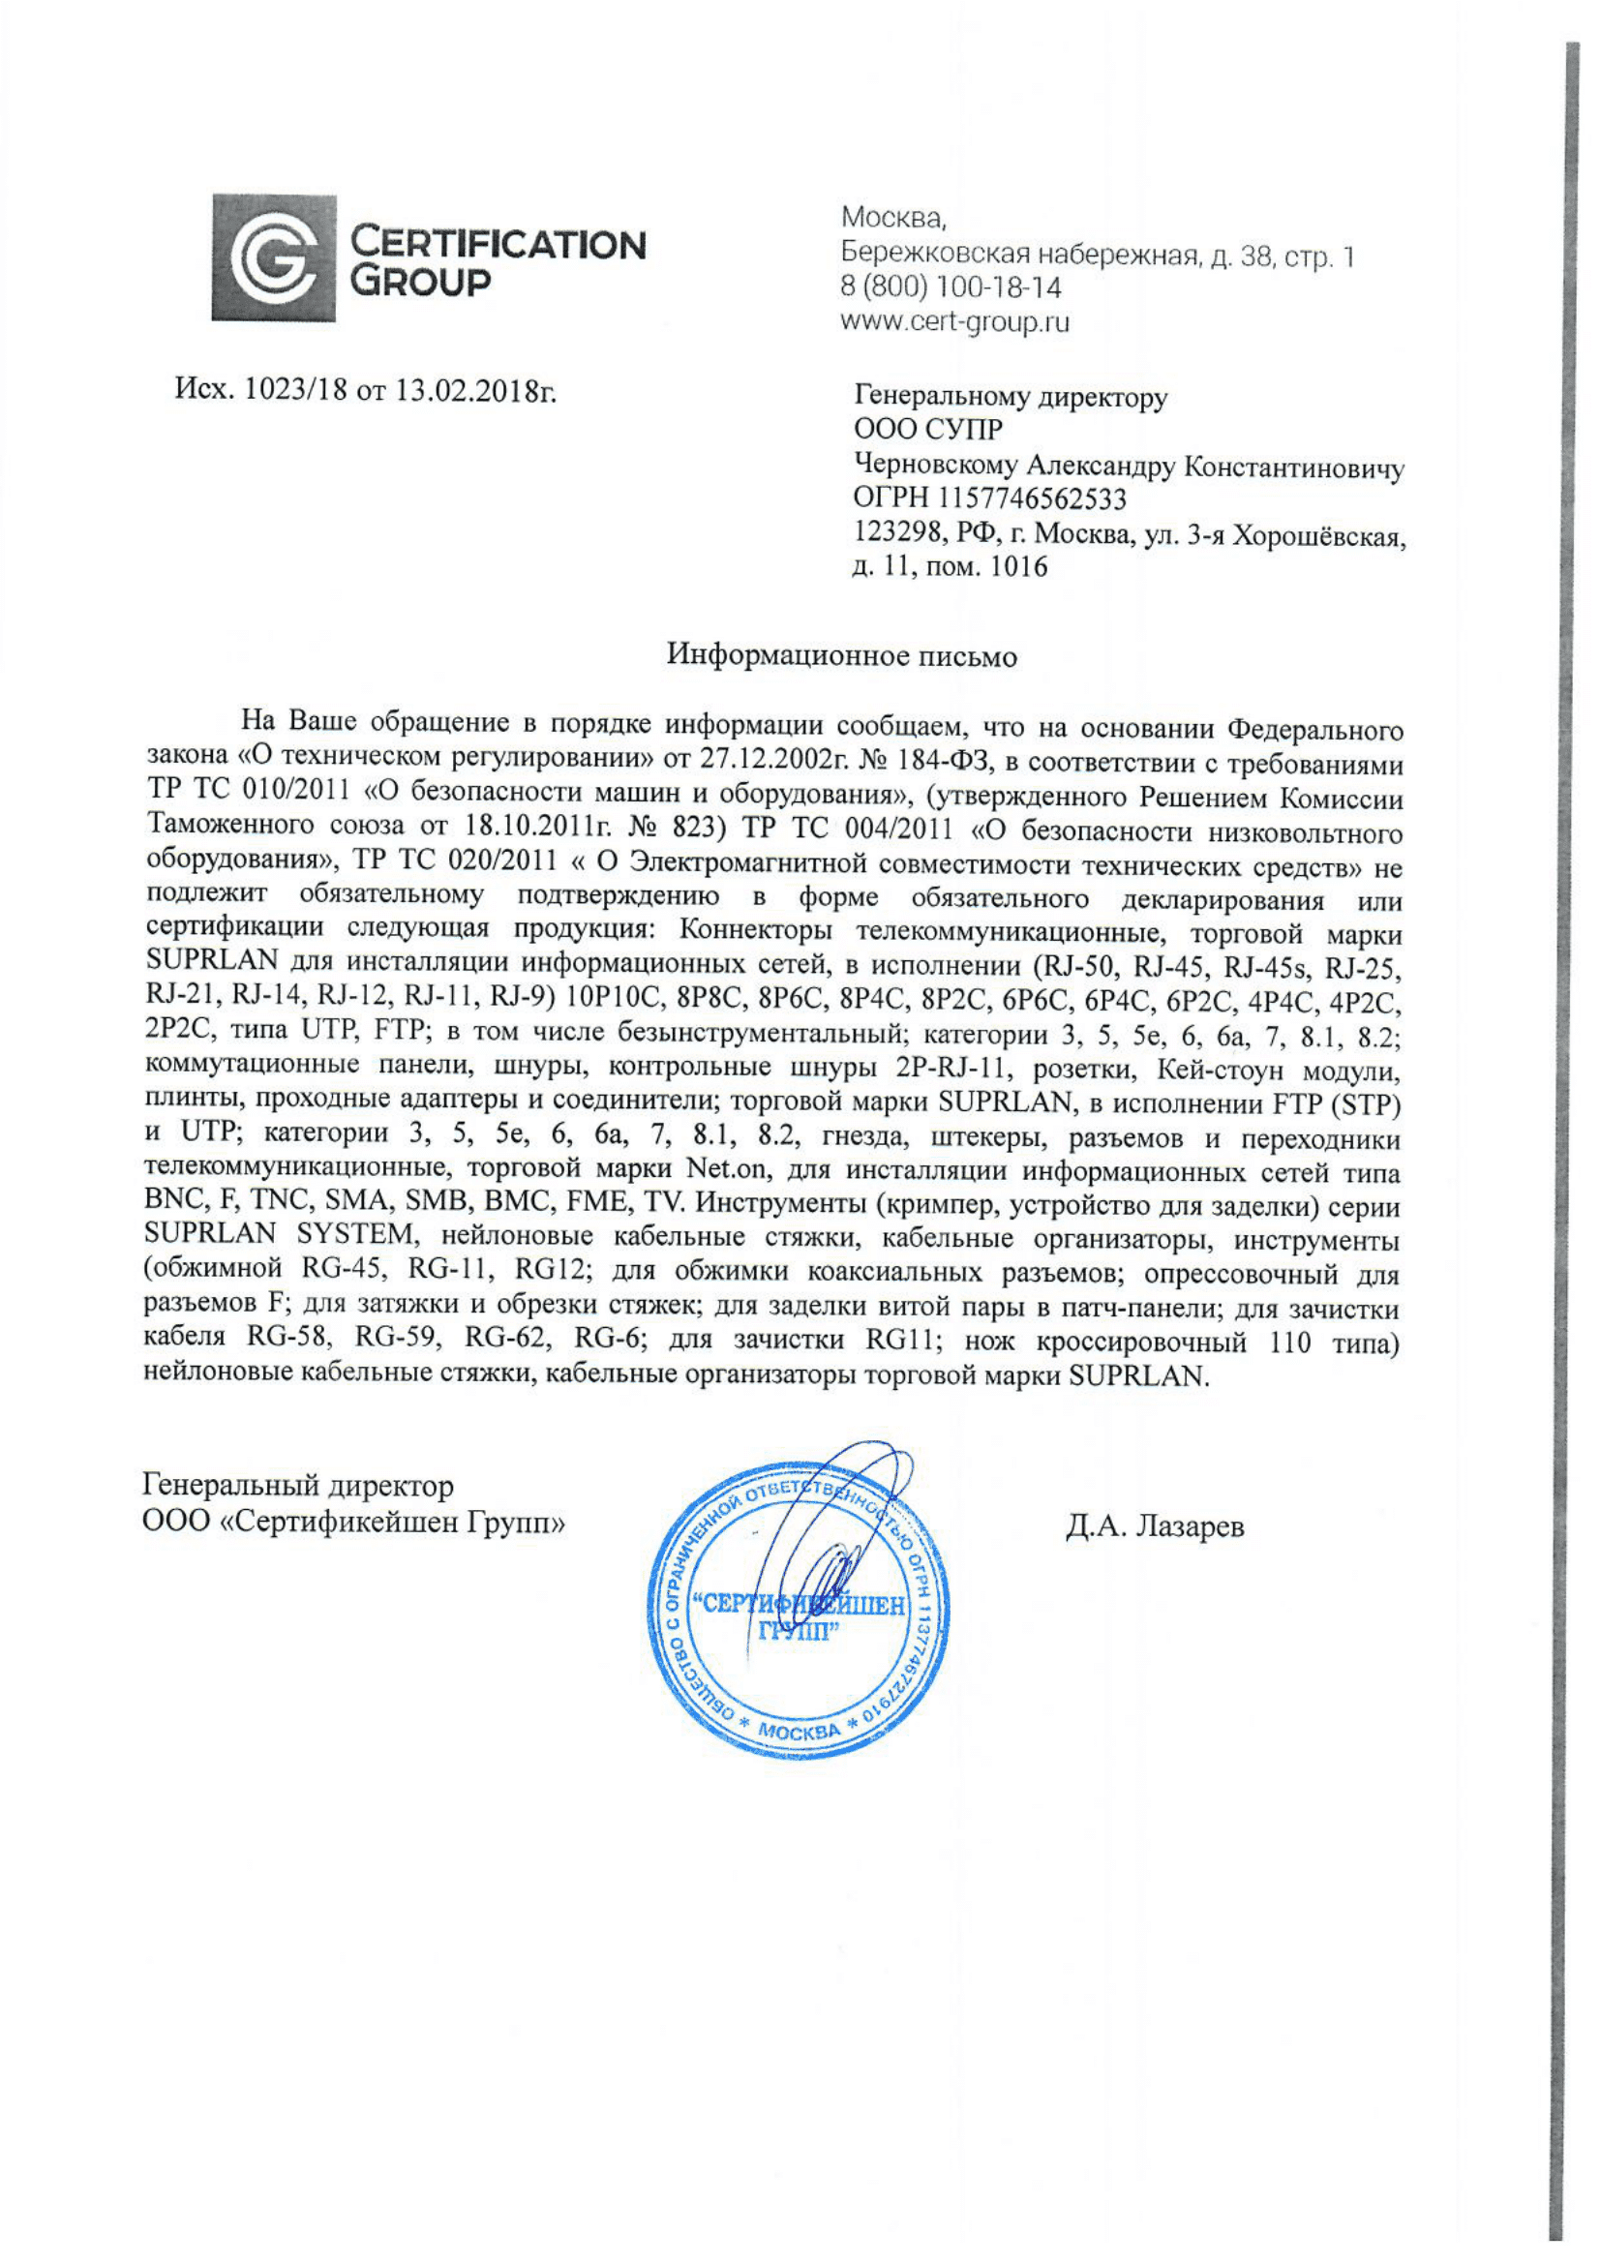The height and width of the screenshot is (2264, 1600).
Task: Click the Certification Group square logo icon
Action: [273, 257]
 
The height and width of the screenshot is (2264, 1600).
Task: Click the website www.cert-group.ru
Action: [954, 321]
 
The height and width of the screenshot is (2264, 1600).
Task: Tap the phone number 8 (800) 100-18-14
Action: [951, 287]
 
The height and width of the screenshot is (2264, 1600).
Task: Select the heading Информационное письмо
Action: [841, 655]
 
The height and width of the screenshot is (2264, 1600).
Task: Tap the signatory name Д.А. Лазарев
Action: [1155, 1526]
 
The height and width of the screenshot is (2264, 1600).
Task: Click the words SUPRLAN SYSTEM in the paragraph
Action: [279, 1236]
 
